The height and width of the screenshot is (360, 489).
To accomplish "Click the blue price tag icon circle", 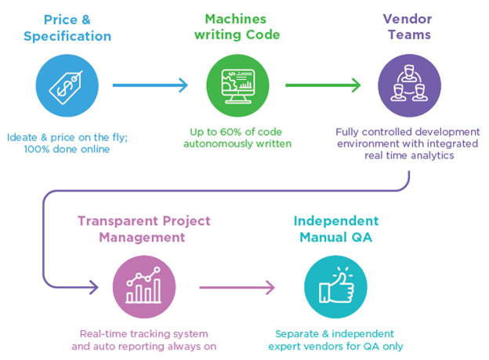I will pos(67,85).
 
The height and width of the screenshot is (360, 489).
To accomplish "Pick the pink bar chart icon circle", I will pos(143,286).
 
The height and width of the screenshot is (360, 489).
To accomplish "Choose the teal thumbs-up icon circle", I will pos(335,286).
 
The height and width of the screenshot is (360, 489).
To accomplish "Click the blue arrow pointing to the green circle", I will pos(150,85).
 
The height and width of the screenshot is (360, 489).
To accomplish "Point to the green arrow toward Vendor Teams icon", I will pos(322,85).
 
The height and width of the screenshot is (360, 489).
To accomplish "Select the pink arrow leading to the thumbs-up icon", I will pos(237,287).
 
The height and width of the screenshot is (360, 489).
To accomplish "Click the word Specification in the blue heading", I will pos(67,36).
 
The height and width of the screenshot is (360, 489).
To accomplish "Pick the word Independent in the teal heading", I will pos(335,220).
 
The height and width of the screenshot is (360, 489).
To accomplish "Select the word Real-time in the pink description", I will pos(107,333).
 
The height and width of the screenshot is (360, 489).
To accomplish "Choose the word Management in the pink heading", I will pos(143,237).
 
